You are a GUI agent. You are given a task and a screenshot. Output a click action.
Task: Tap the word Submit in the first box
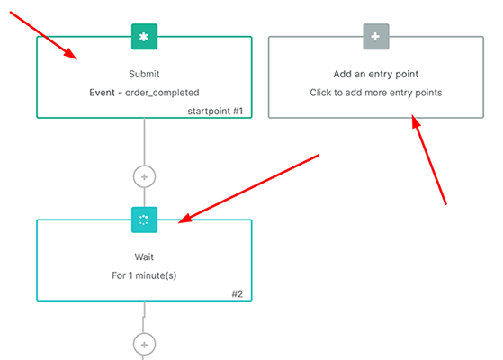144,74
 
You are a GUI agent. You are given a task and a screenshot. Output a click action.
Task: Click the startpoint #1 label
215,111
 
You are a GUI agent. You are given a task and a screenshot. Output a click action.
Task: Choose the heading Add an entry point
376,74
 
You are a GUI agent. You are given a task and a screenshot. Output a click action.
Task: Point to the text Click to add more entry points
376,92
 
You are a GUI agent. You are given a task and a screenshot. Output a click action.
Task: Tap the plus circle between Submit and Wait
144,175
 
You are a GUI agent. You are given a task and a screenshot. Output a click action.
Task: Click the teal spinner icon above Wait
144,220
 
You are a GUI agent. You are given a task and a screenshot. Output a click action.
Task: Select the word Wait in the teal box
144,257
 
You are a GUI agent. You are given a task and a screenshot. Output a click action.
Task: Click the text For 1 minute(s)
144,275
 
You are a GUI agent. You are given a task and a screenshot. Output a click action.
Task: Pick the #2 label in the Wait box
238,293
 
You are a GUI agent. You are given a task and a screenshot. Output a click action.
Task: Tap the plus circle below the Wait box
144,343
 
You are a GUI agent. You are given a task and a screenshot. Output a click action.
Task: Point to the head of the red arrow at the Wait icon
179,220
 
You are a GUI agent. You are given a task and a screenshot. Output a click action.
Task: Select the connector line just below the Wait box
144,313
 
